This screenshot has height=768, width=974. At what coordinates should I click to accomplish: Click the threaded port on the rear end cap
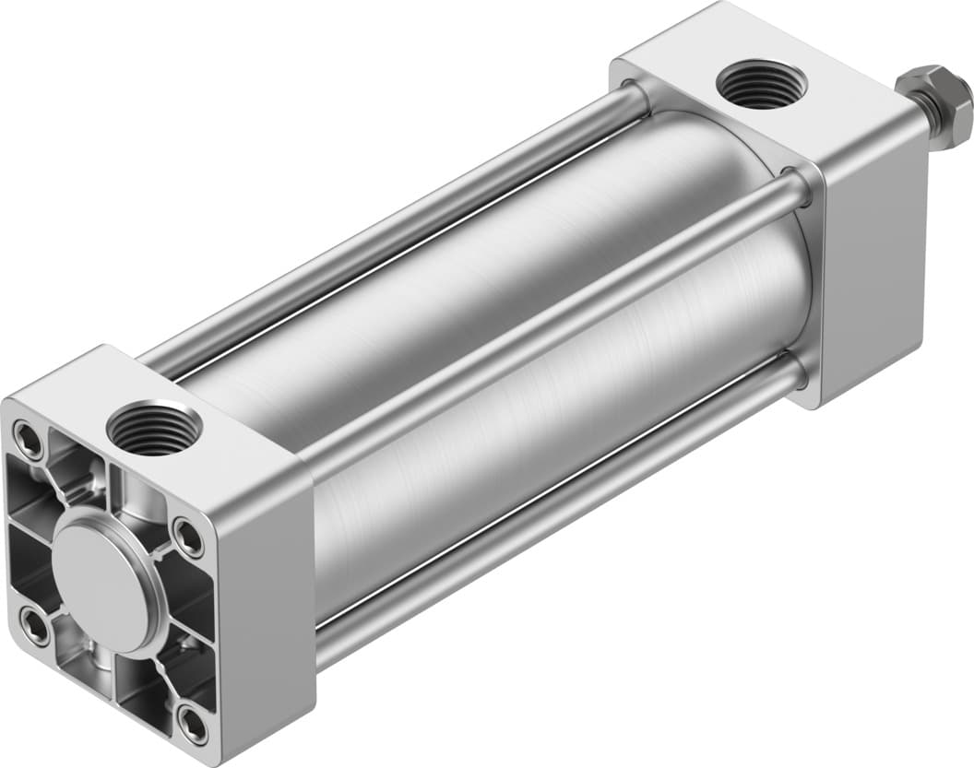point(761,84)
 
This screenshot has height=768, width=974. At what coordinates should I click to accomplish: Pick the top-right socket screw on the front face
point(188,536)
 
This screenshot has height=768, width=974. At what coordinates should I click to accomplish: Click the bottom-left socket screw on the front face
point(36,628)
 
